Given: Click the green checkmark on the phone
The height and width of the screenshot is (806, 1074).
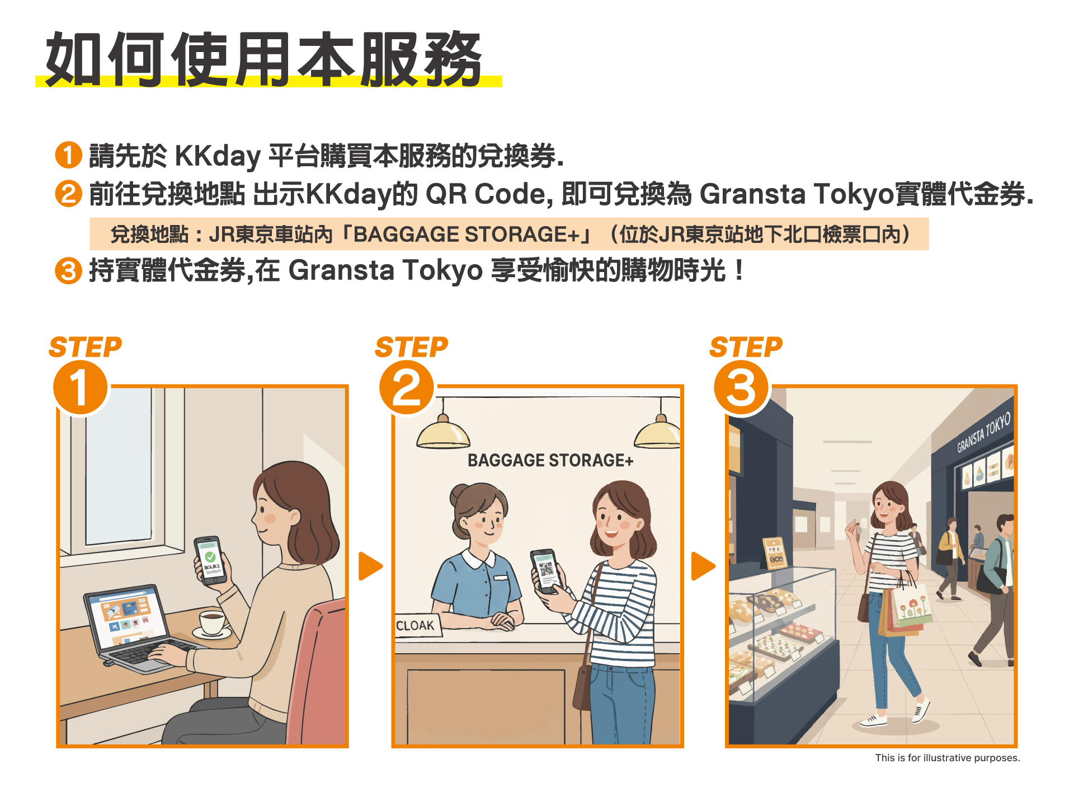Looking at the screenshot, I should click(210, 557).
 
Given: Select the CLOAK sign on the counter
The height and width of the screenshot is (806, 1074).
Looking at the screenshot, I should click(415, 625).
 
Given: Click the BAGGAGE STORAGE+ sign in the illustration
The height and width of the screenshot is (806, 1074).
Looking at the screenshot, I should click(550, 460).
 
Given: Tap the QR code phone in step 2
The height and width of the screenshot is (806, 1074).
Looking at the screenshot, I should click(546, 570).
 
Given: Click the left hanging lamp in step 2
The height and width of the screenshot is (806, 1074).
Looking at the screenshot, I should click(443, 434).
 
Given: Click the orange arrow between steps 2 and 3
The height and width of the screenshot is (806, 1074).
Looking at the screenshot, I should click(703, 566).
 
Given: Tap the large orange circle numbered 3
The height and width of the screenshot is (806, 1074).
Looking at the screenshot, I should click(741, 387).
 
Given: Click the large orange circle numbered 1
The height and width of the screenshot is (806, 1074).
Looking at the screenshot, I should click(80, 387).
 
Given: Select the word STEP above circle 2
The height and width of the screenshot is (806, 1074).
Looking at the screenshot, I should click(411, 347).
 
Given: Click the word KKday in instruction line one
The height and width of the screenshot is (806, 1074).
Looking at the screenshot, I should click(218, 156).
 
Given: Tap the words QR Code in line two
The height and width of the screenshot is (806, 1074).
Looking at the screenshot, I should click(485, 194).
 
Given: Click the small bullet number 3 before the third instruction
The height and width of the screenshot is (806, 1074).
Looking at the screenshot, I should click(68, 271).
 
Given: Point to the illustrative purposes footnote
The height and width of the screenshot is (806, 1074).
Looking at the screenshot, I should click(947, 758).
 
